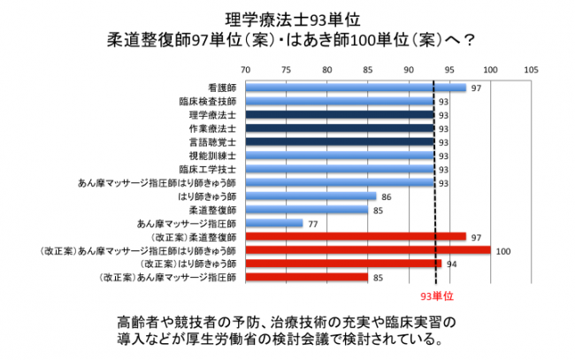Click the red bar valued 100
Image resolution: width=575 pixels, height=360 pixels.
[368, 251]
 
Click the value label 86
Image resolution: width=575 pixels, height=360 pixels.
[386, 196]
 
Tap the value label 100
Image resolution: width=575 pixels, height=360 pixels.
[504, 251]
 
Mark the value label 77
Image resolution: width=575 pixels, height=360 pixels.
[312, 224]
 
